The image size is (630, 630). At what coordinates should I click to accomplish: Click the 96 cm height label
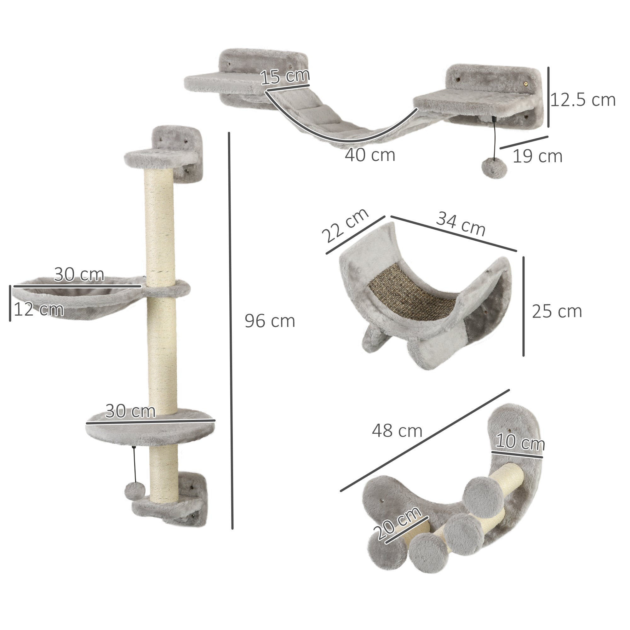(270, 321)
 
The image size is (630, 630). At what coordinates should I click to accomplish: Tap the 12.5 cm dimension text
(583, 100)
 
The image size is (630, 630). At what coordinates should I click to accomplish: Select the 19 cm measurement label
(537, 157)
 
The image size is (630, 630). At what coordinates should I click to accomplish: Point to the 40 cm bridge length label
(370, 155)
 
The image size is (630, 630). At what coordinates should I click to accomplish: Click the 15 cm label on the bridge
(285, 77)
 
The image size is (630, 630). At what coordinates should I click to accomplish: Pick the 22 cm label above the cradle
(345, 225)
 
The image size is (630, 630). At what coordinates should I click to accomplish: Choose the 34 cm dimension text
(461, 224)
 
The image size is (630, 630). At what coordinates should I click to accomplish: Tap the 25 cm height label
(557, 312)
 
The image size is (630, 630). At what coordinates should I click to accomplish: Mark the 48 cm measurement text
(397, 431)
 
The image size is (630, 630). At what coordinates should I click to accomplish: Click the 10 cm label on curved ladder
(520, 443)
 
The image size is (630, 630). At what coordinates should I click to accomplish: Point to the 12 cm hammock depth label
(38, 309)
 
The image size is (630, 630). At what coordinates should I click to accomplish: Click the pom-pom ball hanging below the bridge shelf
(495, 168)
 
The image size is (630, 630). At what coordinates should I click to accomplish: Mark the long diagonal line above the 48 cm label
(424, 445)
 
